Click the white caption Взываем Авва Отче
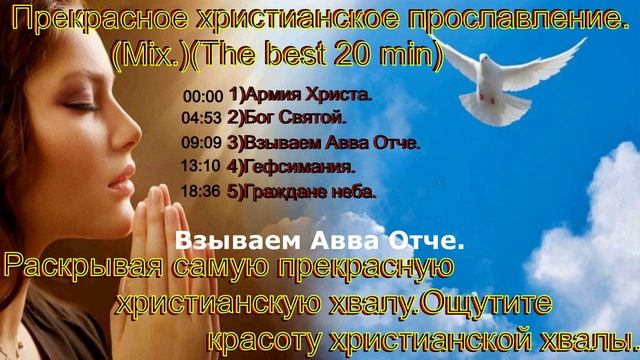pos(320,241)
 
